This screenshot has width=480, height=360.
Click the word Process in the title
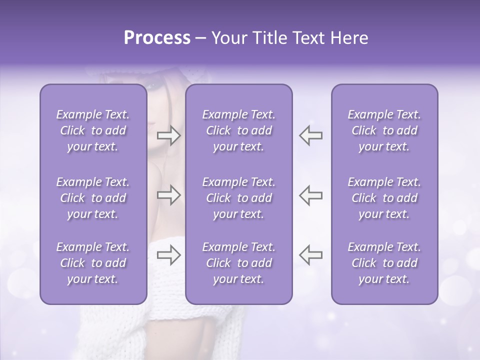(157, 38)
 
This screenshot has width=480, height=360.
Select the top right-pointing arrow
(168, 135)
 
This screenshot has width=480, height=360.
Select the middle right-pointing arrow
(168, 195)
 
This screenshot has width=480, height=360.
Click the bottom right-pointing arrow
(168, 254)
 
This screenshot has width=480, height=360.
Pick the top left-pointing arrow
(310, 135)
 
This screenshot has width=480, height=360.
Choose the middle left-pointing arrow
(310, 195)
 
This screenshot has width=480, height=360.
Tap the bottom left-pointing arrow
(310, 254)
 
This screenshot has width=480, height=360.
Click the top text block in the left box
(93, 130)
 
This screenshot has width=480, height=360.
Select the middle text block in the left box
(93, 198)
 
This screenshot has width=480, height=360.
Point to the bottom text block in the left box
(93, 263)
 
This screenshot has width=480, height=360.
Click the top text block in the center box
(239, 130)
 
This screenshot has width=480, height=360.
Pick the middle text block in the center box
(239, 198)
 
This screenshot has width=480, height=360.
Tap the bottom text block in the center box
(239, 263)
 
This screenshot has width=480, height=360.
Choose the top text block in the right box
(384, 130)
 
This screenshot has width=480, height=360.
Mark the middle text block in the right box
(384, 198)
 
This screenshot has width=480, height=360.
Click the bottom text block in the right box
(384, 263)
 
